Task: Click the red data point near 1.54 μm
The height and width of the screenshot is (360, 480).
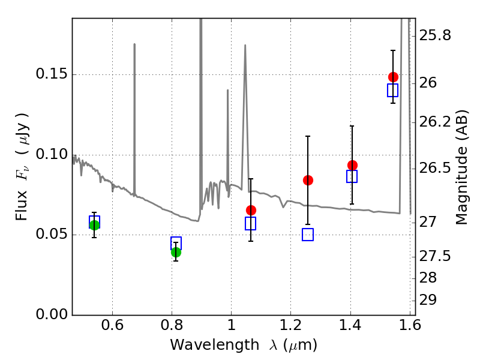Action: [393, 77]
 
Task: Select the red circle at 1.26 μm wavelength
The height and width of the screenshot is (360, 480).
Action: [308, 180]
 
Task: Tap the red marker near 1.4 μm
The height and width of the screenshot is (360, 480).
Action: [352, 165]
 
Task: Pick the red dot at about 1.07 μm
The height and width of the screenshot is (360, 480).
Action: [251, 210]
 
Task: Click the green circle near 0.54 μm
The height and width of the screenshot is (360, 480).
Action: [94, 225]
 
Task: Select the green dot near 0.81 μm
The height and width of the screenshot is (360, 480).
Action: [176, 252]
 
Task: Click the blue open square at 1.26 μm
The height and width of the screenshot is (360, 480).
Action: [308, 235]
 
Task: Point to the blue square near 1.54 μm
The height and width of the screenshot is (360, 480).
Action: [393, 91]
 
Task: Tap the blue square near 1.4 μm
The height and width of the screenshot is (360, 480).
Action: [352, 176]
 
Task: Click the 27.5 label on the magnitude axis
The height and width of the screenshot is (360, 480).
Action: [435, 256]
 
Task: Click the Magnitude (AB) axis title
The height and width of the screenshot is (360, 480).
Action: [462, 166]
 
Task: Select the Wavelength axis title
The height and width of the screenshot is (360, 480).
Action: [243, 345]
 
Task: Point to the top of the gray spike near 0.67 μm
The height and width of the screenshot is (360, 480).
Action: [134, 44]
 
